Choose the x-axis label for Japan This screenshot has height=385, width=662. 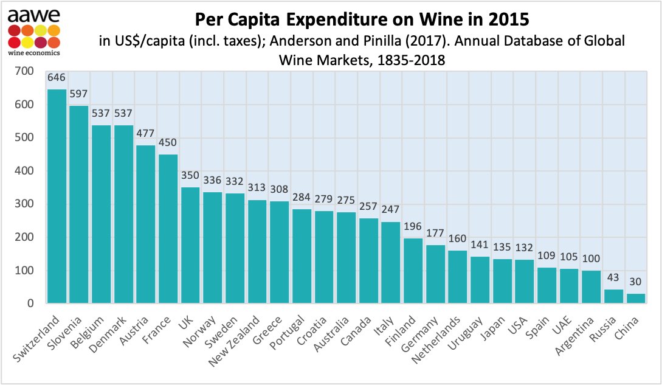coord(494,328)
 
